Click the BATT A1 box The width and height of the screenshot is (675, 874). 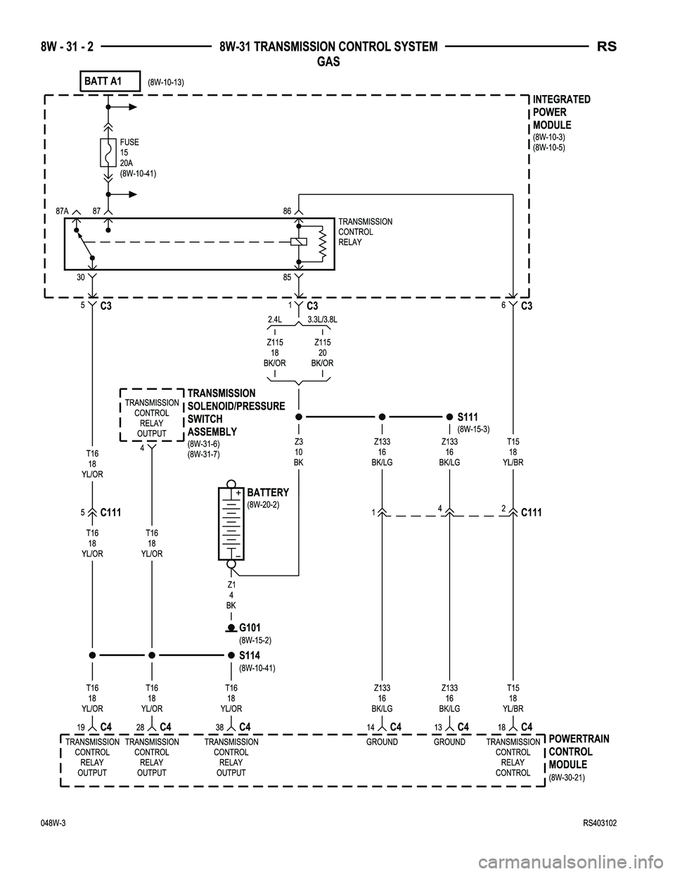click(x=110, y=82)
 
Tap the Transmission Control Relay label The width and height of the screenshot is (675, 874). click(x=365, y=232)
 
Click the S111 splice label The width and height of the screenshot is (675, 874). click(x=467, y=417)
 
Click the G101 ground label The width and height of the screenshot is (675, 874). click(x=251, y=628)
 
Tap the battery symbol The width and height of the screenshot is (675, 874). click(x=231, y=525)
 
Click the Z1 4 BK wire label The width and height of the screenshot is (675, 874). click(x=231, y=595)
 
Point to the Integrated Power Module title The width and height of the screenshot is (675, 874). click(x=561, y=112)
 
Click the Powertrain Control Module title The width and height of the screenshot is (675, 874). click(x=579, y=751)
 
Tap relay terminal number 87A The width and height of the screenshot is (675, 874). click(x=62, y=210)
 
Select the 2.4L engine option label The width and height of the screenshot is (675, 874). click(x=275, y=319)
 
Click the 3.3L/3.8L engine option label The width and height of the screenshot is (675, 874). click(x=322, y=319)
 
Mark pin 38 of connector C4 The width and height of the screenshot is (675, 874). click(x=220, y=727)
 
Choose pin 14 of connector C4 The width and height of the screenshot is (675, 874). click(x=370, y=727)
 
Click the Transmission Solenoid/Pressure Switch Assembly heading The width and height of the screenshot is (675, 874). click(x=236, y=412)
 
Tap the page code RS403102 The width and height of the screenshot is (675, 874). click(x=604, y=823)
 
